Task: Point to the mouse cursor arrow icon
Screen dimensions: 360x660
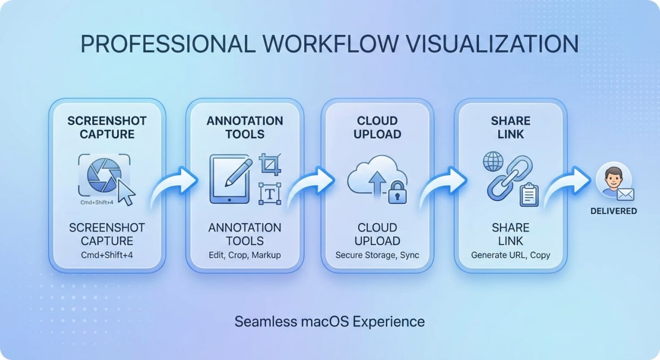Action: tap(127, 193)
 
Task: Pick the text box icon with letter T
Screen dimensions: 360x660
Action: tap(269, 193)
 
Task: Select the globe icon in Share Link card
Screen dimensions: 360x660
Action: tap(492, 162)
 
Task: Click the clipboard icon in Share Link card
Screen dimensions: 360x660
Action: tap(529, 194)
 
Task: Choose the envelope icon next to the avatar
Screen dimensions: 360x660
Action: tap(625, 194)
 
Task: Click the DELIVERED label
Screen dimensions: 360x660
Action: tap(614, 211)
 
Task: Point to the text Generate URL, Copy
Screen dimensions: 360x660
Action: tap(510, 255)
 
